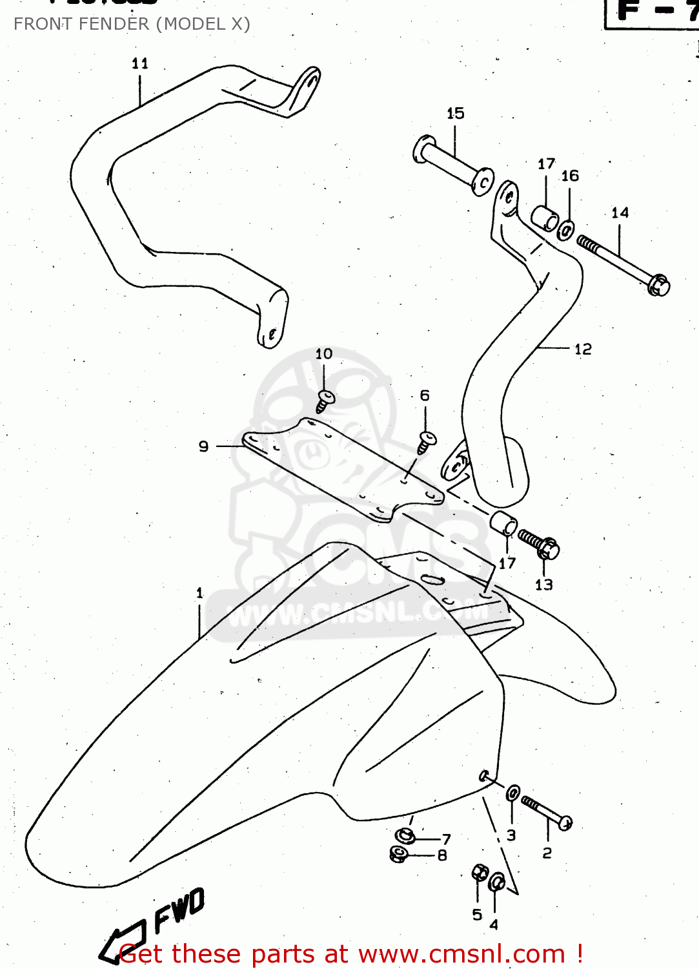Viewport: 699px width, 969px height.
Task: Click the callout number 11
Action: [139, 63]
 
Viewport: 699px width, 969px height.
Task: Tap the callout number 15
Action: [455, 113]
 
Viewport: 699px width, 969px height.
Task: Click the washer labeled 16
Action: [566, 230]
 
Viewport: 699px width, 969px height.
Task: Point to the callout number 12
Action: [582, 349]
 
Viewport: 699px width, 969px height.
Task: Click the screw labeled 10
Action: [325, 400]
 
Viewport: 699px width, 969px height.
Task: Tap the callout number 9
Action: [203, 446]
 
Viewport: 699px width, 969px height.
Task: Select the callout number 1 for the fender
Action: [199, 592]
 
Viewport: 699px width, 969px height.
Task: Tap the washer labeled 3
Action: [513, 793]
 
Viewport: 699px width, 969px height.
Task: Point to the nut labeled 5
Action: [480, 874]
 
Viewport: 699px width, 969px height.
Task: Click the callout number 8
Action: [442, 855]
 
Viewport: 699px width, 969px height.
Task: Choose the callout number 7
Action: [446, 839]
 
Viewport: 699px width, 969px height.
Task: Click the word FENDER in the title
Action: [114, 24]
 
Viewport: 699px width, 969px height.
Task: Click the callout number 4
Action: [494, 925]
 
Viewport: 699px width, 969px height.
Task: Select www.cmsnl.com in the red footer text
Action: [461, 953]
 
